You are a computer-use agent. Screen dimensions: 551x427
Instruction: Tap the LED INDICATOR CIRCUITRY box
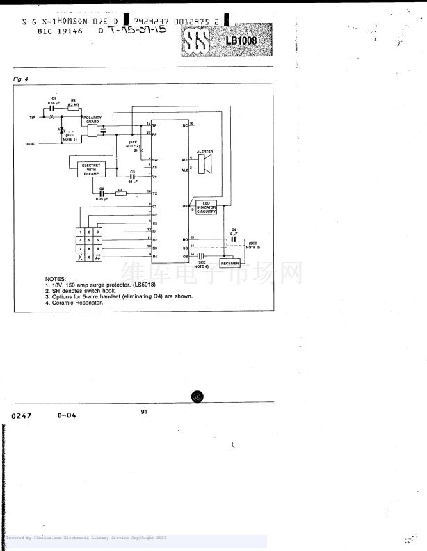coord(207,207)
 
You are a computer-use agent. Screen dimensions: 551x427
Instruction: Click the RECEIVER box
coord(229,264)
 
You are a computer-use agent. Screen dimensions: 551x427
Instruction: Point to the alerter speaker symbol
coord(204,164)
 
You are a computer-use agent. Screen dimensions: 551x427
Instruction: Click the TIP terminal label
coord(32,118)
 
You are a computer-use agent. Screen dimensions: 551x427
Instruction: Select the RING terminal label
coord(31,144)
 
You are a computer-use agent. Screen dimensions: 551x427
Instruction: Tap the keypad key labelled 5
coord(90,239)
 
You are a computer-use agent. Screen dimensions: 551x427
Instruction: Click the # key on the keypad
coord(98,257)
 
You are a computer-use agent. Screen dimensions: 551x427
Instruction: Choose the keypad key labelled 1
coord(81,231)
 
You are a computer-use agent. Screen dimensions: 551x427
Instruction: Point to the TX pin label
coord(154,192)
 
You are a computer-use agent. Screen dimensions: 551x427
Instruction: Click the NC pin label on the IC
coord(185,125)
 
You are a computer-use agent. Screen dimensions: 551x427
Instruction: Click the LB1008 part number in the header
coord(241,40)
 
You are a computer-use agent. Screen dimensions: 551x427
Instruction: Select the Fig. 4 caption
coord(20,79)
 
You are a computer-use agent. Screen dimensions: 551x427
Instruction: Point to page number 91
coord(144,411)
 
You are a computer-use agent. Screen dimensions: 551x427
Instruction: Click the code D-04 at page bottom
coord(67,415)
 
